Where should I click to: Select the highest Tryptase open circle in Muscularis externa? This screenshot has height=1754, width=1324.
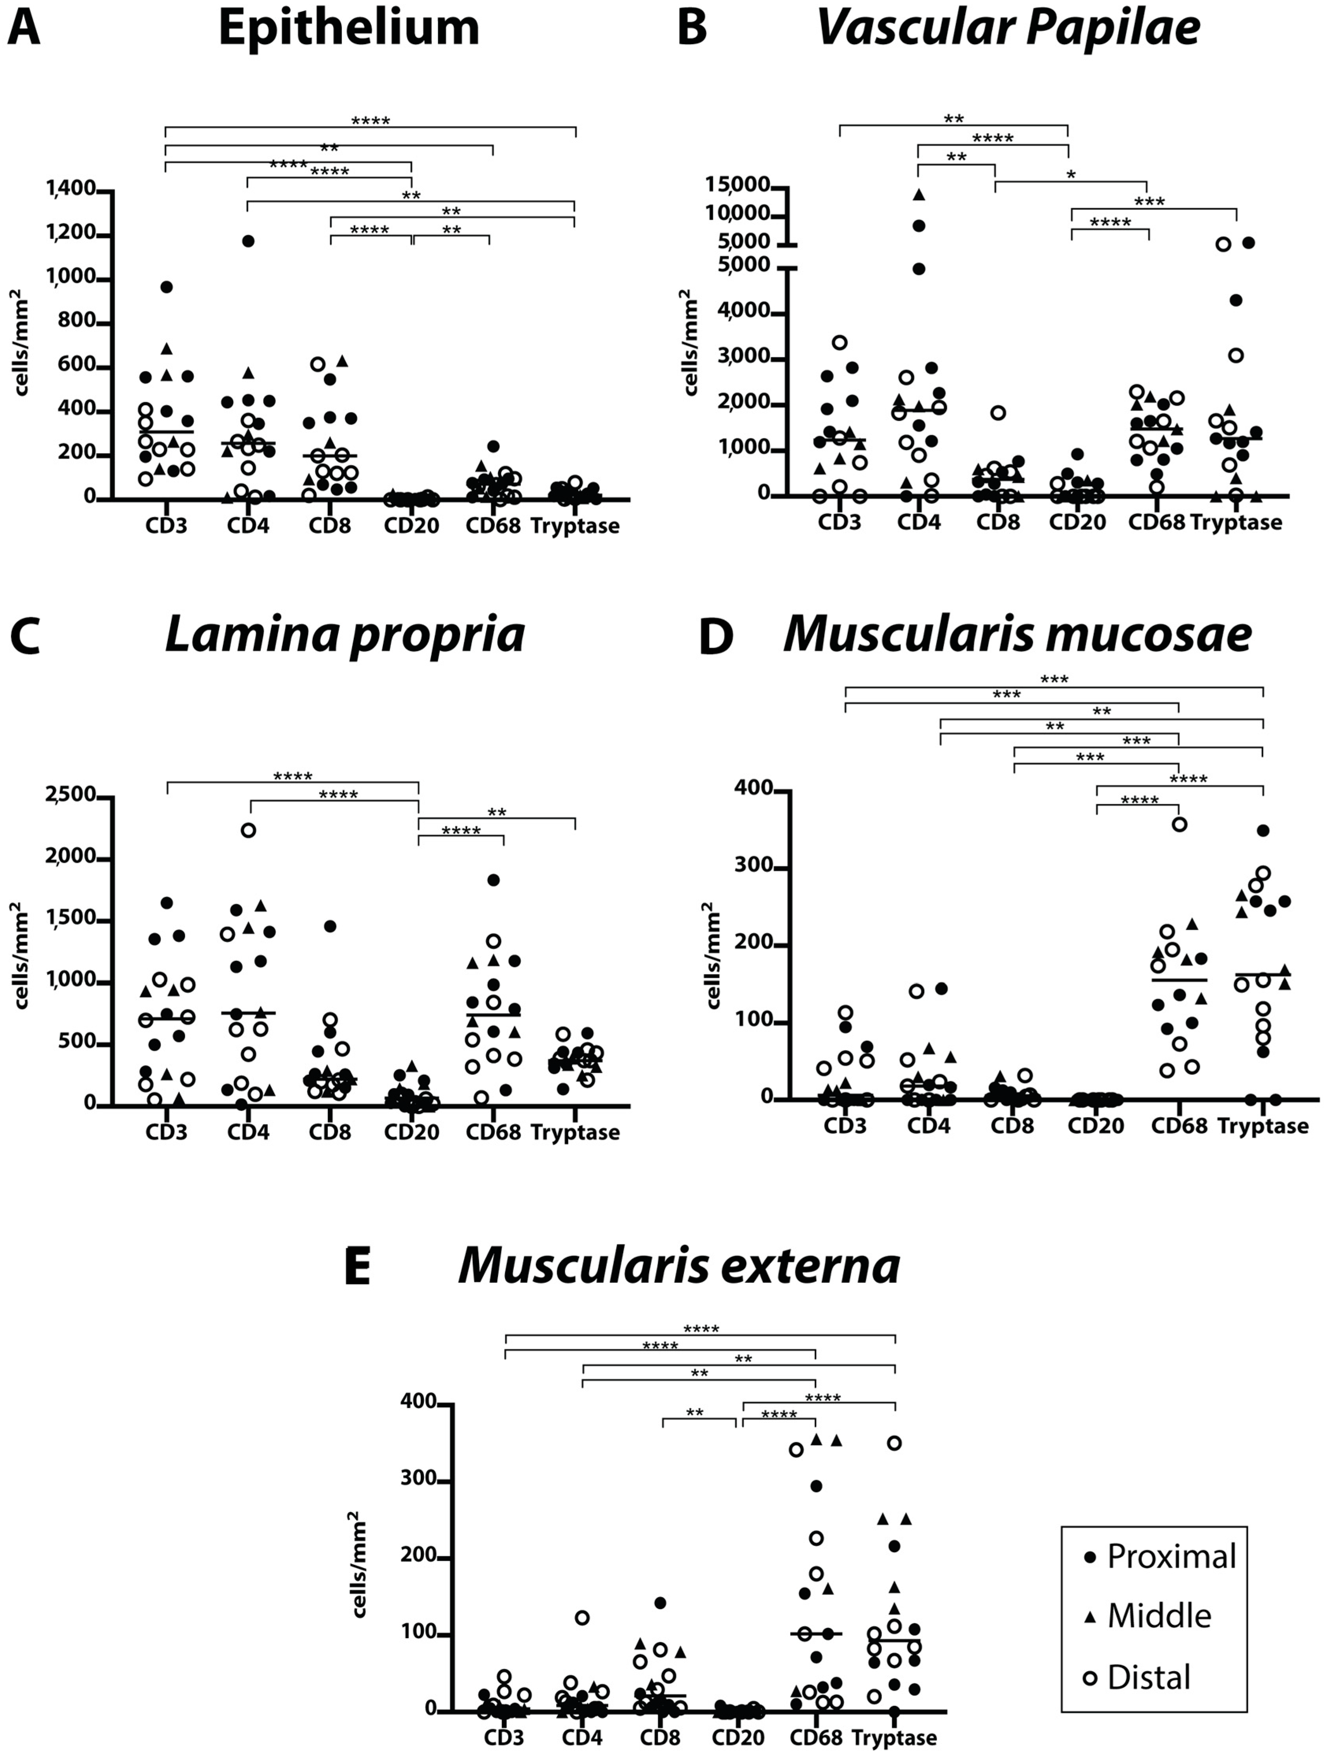894,1443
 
